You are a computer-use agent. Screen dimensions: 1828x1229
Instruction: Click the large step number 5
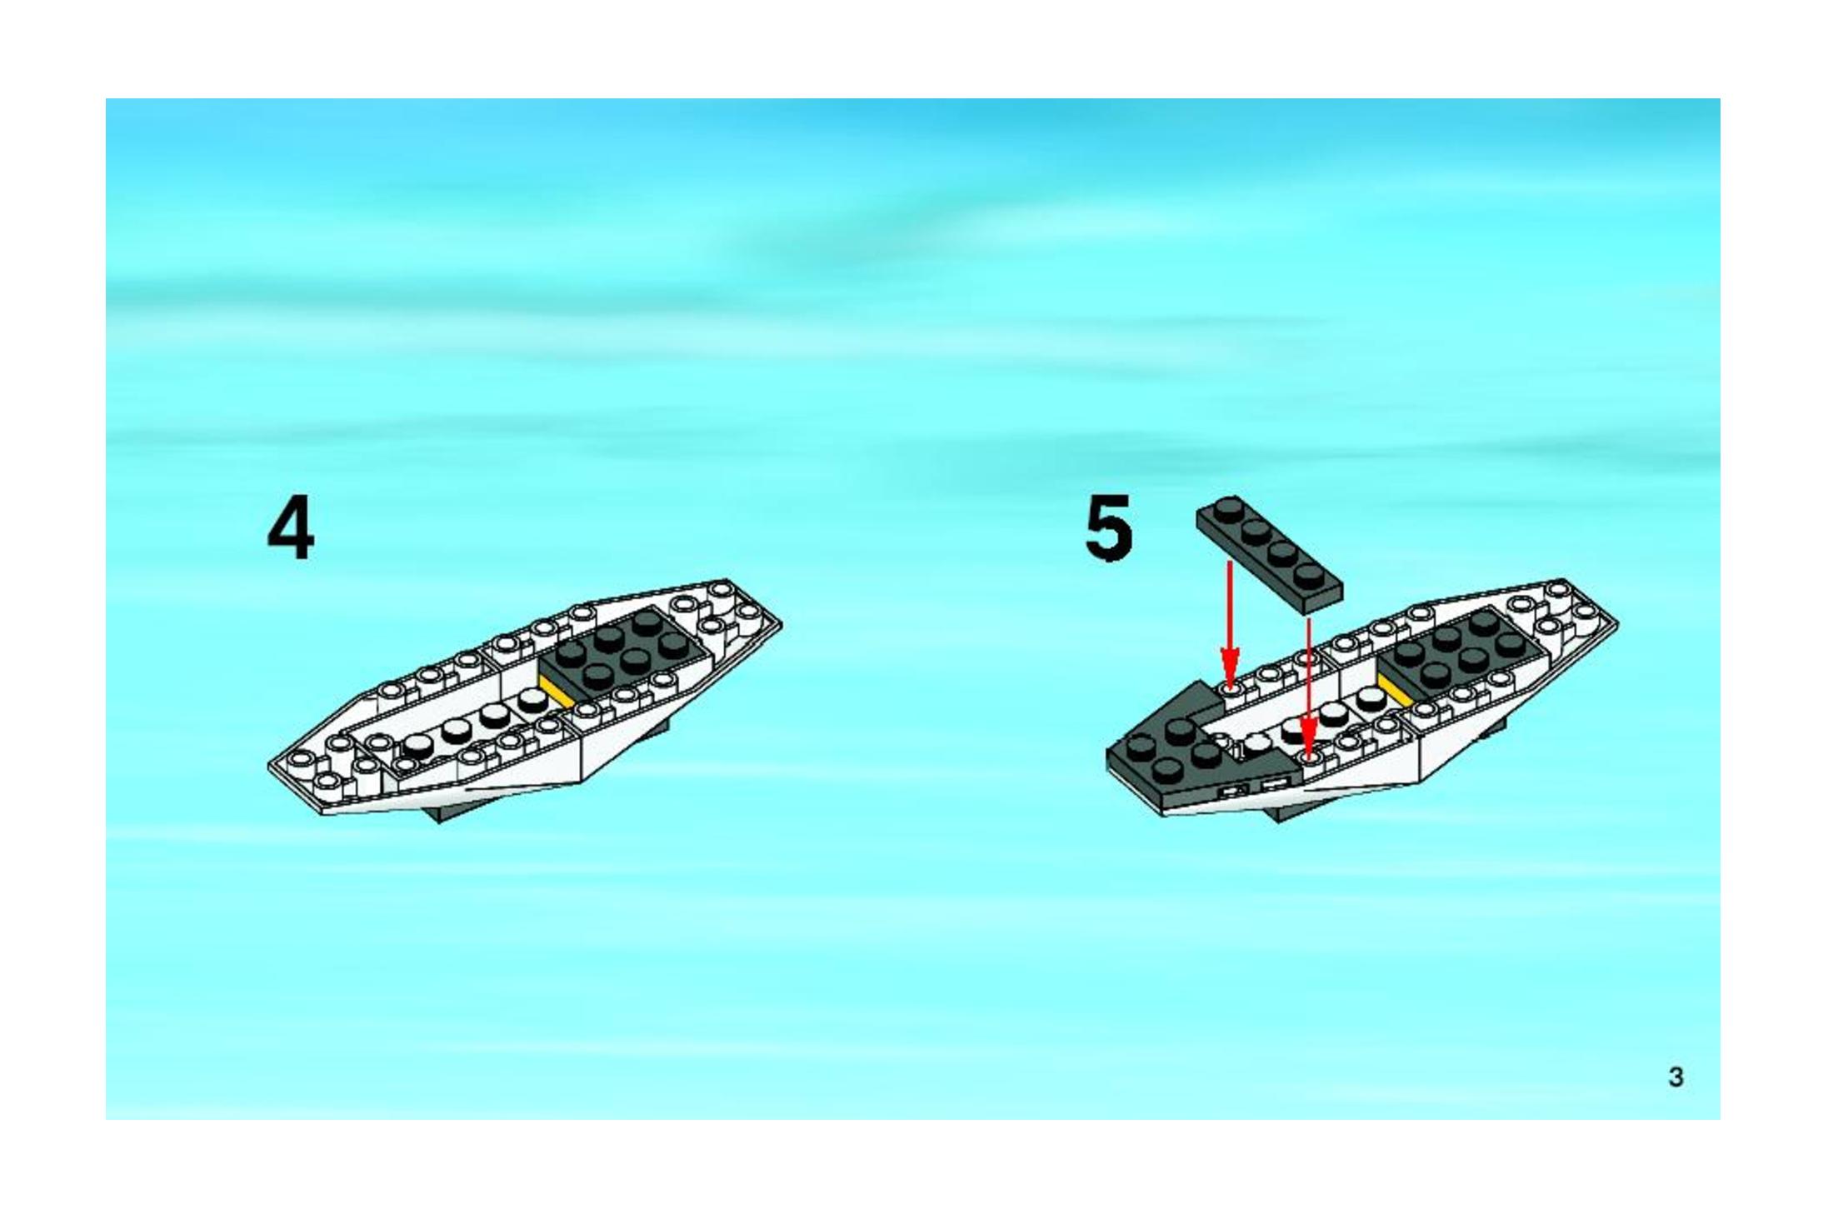tap(1109, 527)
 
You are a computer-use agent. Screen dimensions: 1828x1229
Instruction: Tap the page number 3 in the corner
tap(1676, 1077)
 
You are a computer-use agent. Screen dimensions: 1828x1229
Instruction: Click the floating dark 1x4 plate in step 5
tap(1269, 550)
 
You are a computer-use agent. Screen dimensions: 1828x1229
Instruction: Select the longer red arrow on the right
tap(1309, 688)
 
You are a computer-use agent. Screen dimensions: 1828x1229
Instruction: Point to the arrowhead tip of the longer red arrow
tap(1309, 760)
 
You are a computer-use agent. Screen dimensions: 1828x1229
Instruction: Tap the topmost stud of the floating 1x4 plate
tap(1227, 509)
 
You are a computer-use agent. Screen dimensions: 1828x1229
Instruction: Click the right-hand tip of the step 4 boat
tap(782, 622)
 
